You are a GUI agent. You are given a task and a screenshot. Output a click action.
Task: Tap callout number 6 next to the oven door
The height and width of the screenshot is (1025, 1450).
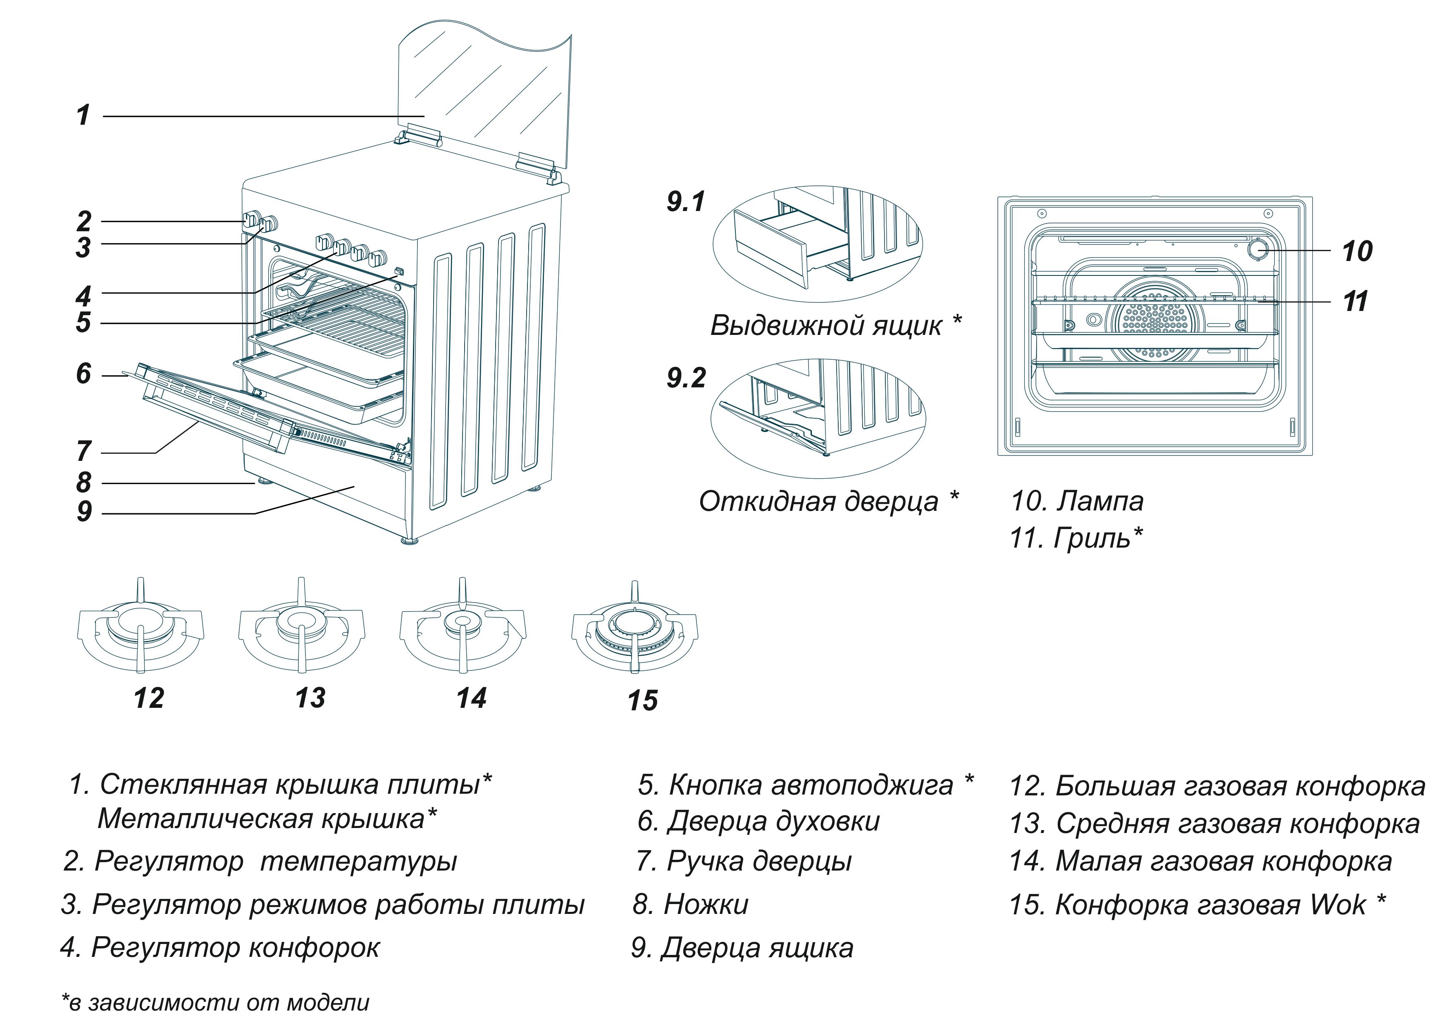83,374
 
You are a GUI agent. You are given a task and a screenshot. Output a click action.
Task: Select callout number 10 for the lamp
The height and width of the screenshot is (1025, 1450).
1357,251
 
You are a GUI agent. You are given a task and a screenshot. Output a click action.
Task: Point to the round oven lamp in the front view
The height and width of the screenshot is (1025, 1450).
1258,249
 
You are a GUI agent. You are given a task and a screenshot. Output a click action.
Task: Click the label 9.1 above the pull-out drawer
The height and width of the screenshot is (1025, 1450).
686,202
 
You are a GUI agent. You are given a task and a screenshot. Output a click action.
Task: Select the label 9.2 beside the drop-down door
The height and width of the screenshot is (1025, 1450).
686,378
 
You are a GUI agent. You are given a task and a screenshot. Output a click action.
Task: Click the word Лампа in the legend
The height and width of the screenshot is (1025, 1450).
1100,501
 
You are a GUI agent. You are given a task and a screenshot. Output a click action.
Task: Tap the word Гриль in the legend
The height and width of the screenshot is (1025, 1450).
1091,539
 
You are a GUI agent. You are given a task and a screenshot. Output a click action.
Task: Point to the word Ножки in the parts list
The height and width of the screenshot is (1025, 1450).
706,904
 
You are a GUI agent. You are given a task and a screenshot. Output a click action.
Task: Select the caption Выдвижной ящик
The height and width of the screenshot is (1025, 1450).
826,326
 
